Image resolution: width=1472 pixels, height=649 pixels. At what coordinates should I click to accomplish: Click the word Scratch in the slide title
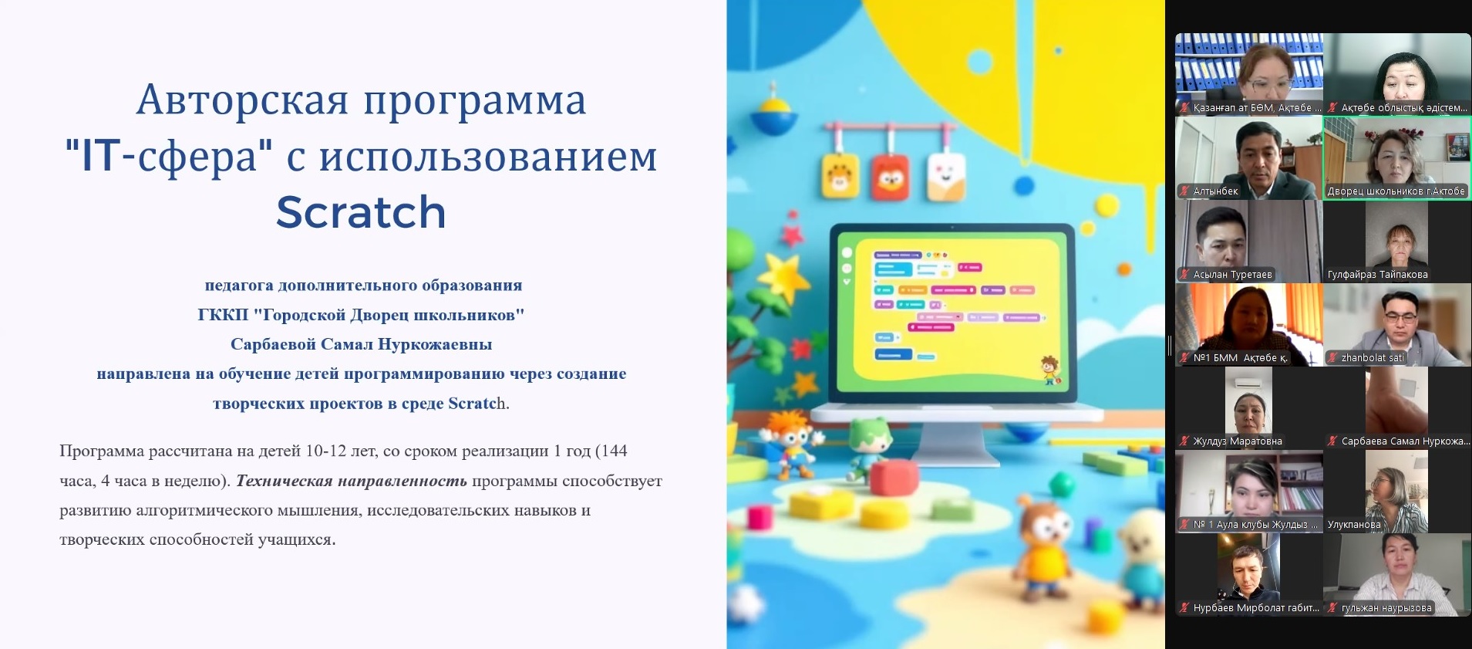pos(361,212)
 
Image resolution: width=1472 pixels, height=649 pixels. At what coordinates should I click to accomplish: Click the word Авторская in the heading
pos(243,100)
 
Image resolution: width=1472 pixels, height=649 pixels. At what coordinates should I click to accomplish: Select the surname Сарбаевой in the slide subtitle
pos(273,344)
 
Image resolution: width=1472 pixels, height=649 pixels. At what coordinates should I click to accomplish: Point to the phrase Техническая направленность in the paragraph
pos(352,481)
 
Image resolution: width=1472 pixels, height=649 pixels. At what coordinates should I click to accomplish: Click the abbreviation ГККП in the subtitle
pos(223,315)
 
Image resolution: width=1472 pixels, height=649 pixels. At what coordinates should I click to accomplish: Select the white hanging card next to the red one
pos(945,176)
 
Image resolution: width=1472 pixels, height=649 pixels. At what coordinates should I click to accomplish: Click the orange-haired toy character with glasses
pos(788,440)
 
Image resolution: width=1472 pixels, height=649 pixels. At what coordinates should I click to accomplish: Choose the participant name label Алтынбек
pos(1215,191)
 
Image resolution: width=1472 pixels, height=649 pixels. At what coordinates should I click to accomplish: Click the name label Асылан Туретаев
pos(1232,275)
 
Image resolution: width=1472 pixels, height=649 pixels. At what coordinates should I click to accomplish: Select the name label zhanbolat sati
pos(1372,358)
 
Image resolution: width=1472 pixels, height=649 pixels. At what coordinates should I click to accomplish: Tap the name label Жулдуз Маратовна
pos(1238,441)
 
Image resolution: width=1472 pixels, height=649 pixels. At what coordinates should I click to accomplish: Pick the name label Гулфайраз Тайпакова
pos(1377,275)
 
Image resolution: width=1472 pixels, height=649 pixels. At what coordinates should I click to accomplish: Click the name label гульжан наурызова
pos(1386,608)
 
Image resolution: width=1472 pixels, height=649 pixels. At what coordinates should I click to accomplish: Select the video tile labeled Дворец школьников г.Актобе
pos(1397,157)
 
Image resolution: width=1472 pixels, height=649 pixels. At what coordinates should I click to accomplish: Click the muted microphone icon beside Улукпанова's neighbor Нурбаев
pos(1184,608)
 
